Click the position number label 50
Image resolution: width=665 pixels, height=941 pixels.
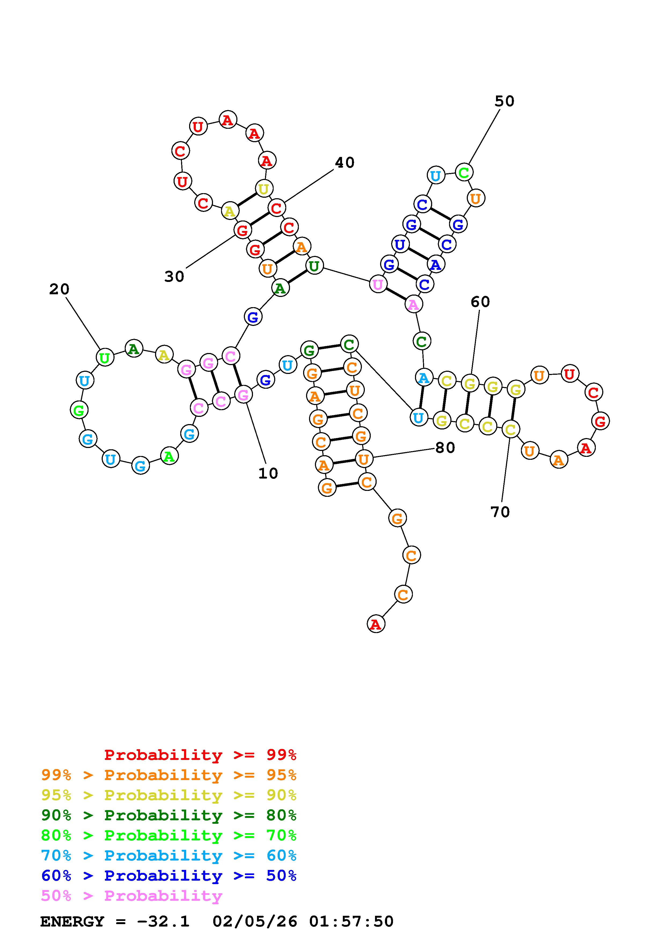point(504,101)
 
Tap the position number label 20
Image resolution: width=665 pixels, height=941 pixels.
point(59,289)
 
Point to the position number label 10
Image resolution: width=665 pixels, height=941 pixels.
point(268,474)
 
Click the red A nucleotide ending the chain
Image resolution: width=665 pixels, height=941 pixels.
point(376,624)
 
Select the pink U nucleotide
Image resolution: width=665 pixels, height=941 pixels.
point(378,284)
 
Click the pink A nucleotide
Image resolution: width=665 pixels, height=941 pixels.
point(413,304)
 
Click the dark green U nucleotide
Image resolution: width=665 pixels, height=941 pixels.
point(314,266)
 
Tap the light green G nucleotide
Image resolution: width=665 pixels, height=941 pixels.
point(79,409)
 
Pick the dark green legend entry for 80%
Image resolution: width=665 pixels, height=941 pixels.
point(168,815)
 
